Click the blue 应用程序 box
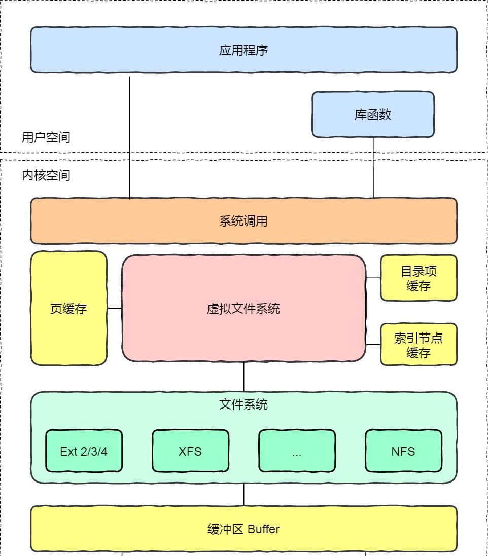[243, 50]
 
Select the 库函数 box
[373, 115]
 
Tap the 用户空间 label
[46, 137]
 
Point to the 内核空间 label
[46, 175]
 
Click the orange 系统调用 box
[243, 221]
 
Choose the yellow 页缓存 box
[68, 308]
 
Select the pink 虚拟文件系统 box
[243, 308]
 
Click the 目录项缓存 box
[419, 278]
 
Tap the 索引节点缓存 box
[419, 345]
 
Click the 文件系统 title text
[243, 404]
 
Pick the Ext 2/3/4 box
[84, 451]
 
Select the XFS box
[190, 451]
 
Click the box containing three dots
[297, 451]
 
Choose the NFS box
[403, 451]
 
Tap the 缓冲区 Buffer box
[243, 529]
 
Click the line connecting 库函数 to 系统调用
[373, 167]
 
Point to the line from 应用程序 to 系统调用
[130, 137]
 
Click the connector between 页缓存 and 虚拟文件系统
[115, 308]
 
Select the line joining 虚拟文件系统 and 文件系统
[244, 377]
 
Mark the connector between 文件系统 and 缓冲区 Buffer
[244, 494]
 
